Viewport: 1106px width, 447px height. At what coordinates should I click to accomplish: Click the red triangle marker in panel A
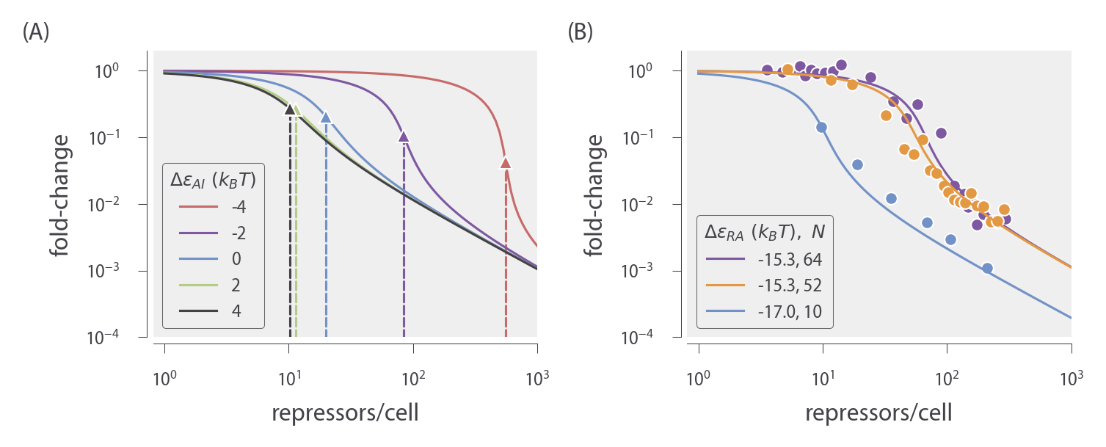pos(506,163)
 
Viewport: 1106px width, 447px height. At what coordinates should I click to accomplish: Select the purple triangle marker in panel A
pos(403,137)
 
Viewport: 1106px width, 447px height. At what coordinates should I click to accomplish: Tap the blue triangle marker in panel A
pos(326,117)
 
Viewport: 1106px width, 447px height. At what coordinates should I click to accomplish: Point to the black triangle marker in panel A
pos(290,109)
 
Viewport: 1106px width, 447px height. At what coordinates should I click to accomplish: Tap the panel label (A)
pos(36,32)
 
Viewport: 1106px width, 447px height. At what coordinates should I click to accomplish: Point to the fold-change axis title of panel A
pos(61,194)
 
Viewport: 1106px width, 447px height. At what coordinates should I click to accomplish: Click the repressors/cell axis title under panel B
pos(878,412)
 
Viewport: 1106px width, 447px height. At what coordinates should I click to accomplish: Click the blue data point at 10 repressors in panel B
pos(822,127)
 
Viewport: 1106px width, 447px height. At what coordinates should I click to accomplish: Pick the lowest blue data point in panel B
pos(987,268)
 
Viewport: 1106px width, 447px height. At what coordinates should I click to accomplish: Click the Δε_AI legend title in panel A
pos(213,178)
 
